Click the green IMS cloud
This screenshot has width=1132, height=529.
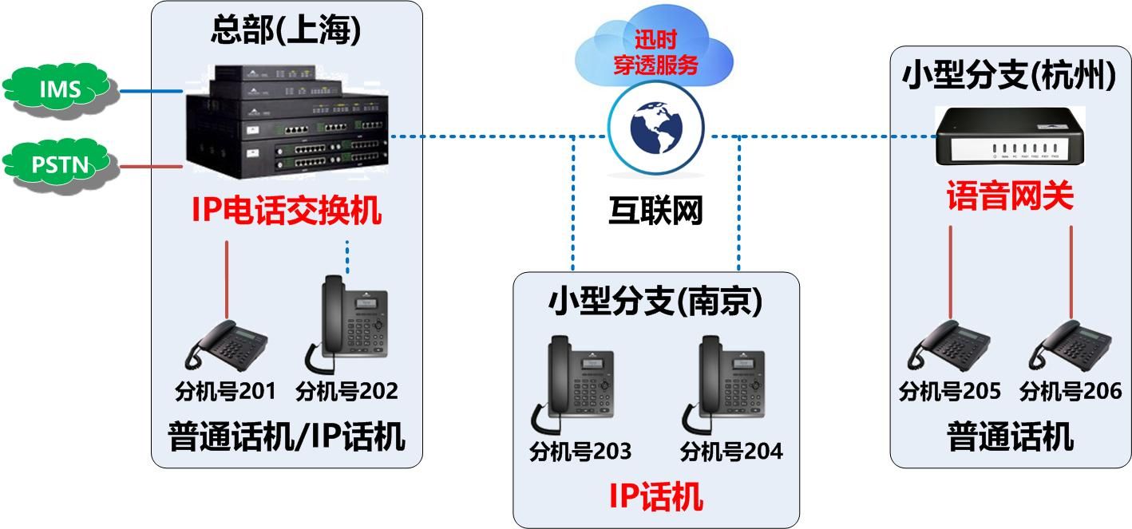(60, 89)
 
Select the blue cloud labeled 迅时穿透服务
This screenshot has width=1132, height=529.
(655, 53)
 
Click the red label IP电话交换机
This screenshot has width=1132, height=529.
(287, 211)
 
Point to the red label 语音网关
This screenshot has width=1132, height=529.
(1010, 196)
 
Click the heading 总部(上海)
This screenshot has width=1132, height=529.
(287, 31)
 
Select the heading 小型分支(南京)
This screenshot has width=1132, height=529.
(655, 301)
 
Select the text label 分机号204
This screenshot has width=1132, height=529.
(731, 452)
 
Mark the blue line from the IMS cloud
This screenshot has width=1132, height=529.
(152, 91)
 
